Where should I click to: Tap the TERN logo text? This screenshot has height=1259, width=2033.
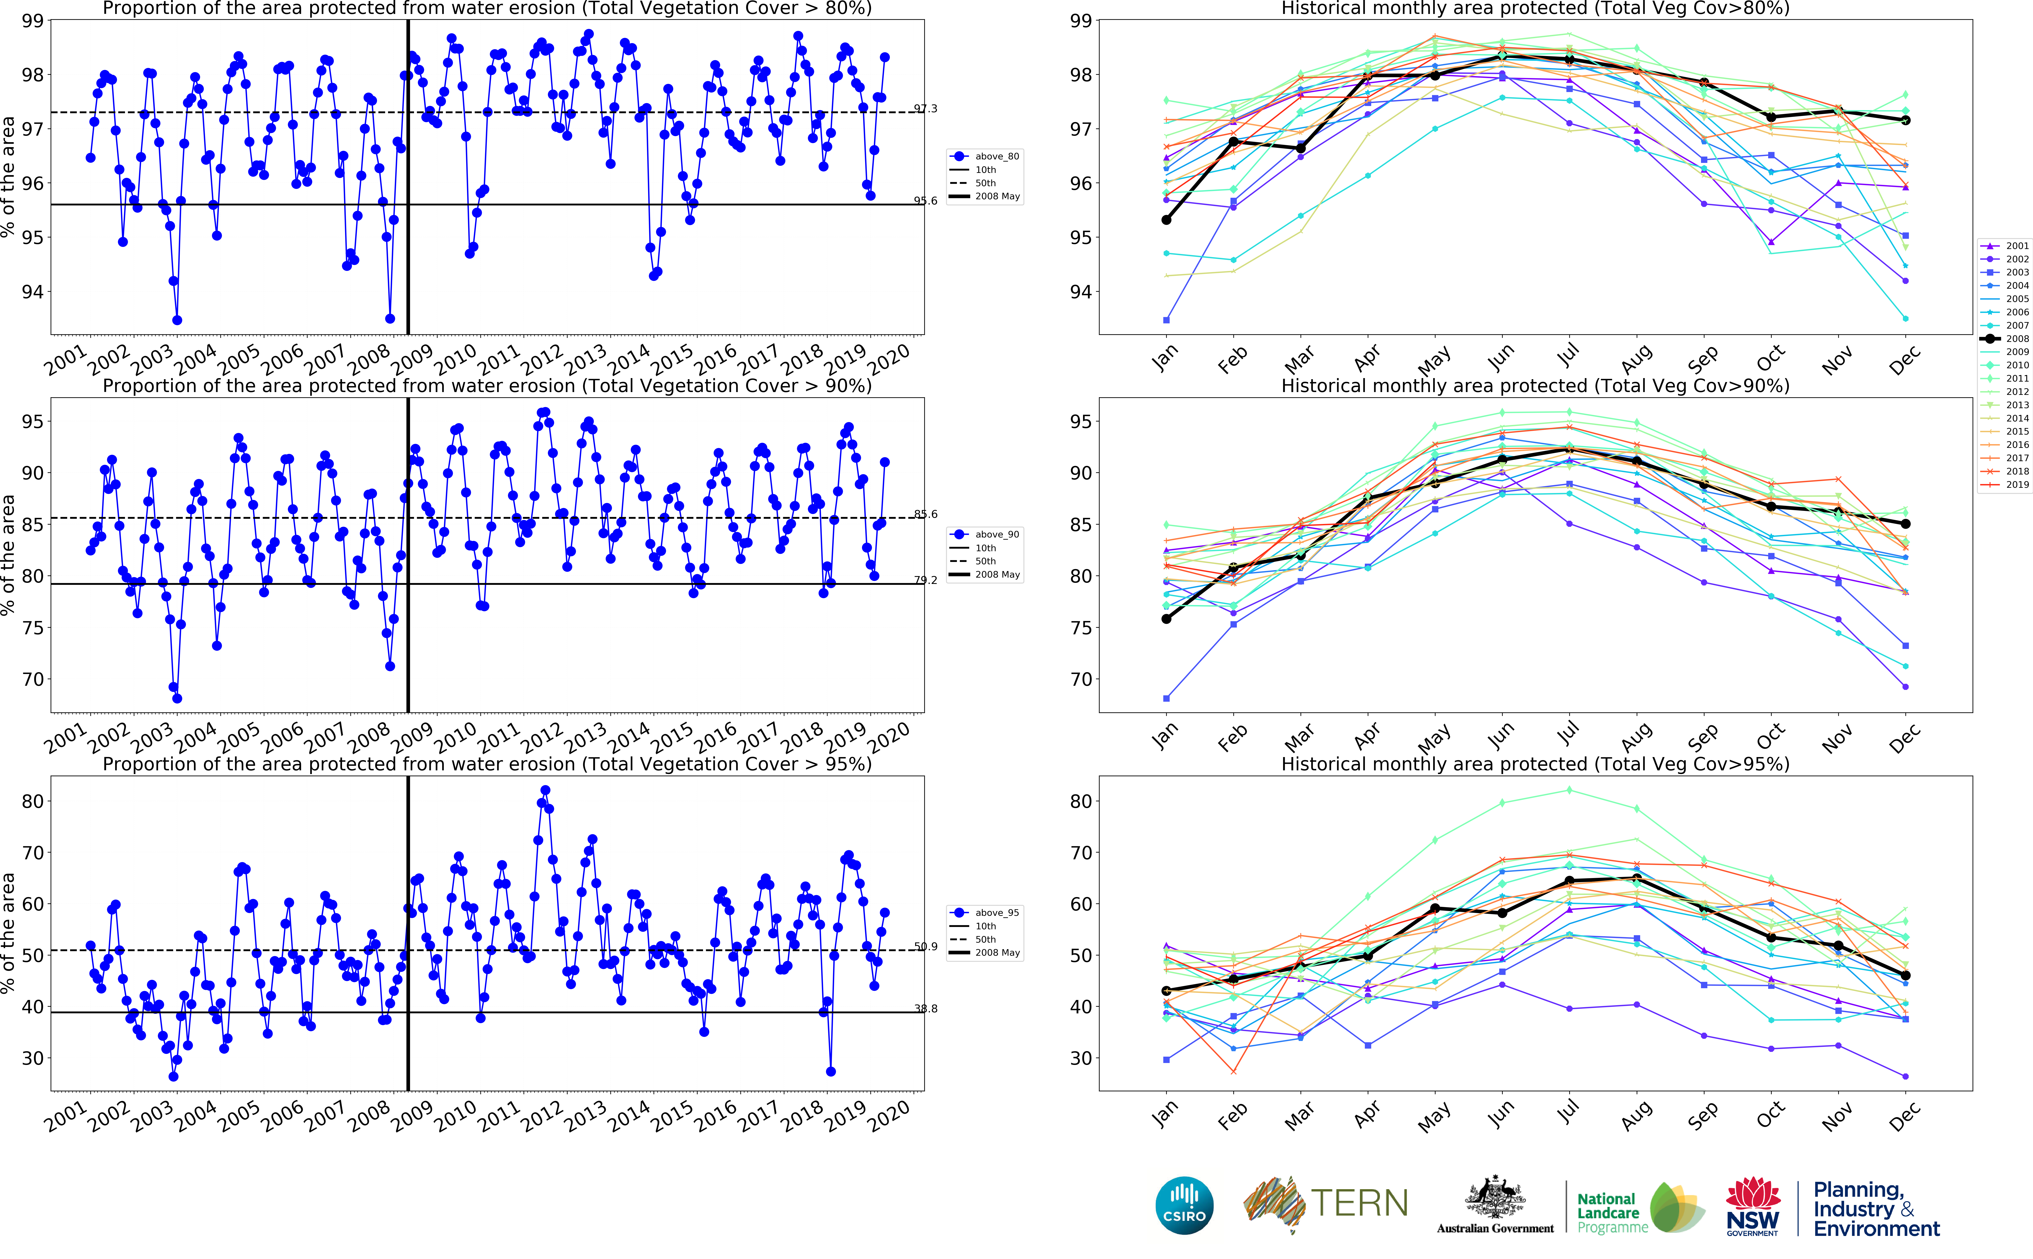[x=1359, y=1203]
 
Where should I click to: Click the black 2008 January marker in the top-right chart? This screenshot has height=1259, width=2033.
[x=1166, y=220]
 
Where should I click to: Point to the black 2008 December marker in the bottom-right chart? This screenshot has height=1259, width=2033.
[x=1905, y=975]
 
